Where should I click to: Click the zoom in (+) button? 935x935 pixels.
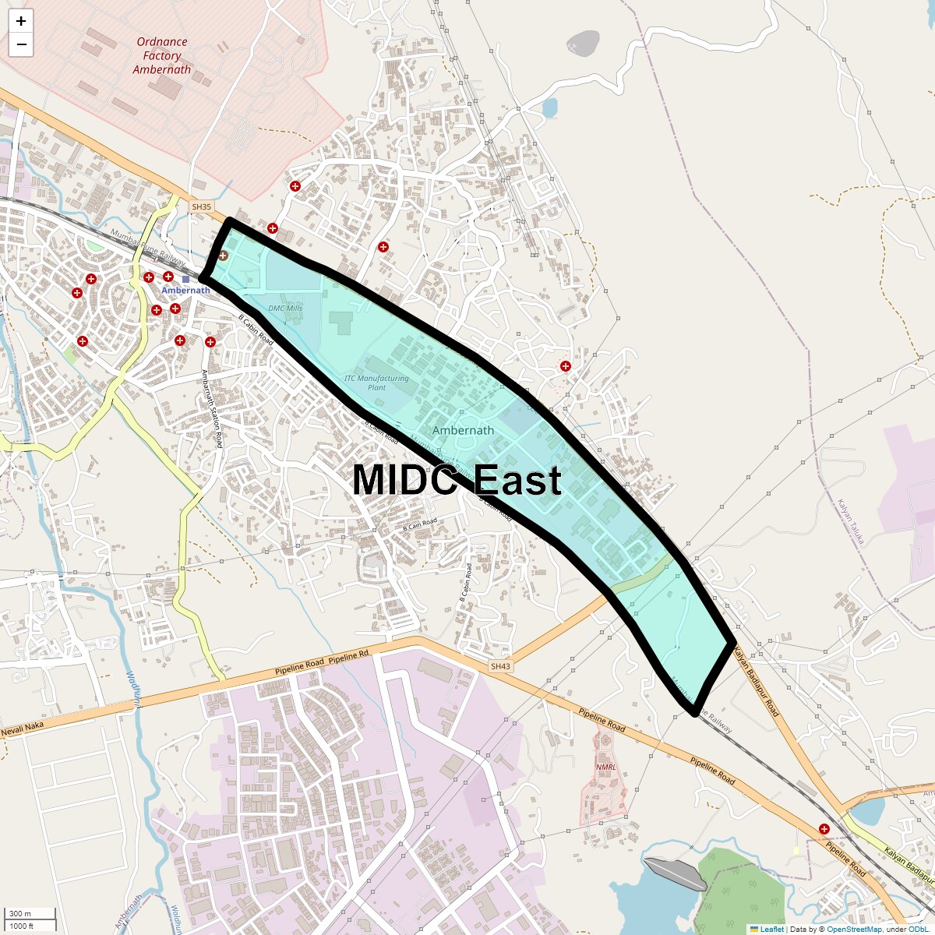pyautogui.click(x=21, y=21)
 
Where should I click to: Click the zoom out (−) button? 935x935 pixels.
pyautogui.click(x=21, y=44)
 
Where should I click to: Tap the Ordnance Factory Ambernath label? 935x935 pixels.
pyautogui.click(x=162, y=55)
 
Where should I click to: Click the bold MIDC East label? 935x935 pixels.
pyautogui.click(x=457, y=479)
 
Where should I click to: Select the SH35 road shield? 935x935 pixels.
pyautogui.click(x=201, y=206)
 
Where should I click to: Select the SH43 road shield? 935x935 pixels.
pyautogui.click(x=500, y=666)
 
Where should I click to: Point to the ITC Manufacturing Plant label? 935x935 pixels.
pyautogui.click(x=376, y=383)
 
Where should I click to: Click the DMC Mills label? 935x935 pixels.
pyautogui.click(x=285, y=309)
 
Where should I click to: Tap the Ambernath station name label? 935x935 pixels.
pyautogui.click(x=185, y=291)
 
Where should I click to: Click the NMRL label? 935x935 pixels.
pyautogui.click(x=606, y=767)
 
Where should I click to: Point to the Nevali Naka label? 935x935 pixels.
pyautogui.click(x=23, y=729)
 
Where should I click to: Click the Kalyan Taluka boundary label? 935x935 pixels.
pyautogui.click(x=851, y=522)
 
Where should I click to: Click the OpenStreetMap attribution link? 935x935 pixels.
pyautogui.click(x=854, y=929)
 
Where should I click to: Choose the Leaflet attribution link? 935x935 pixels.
pyautogui.click(x=771, y=929)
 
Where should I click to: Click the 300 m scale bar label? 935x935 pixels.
pyautogui.click(x=20, y=914)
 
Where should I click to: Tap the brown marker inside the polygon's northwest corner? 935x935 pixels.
pyautogui.click(x=223, y=255)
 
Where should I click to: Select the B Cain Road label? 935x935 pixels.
pyautogui.click(x=420, y=524)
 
